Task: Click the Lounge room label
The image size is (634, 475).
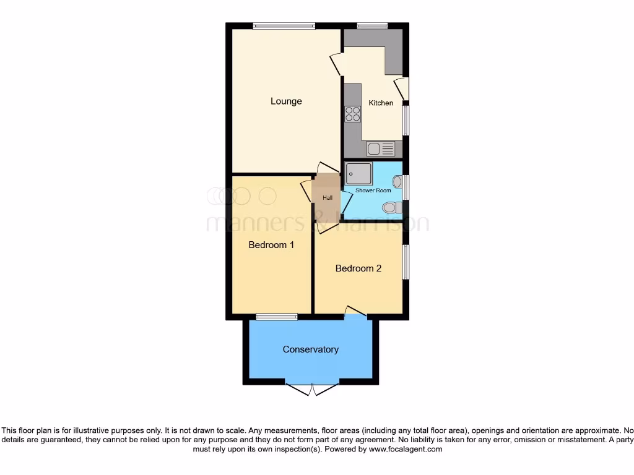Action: pos(286,101)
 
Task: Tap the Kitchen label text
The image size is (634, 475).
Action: pos(381,103)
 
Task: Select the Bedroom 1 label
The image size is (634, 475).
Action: pos(271,245)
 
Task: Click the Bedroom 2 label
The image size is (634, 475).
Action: pos(358,268)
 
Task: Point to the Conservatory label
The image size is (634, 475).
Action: pos(310,349)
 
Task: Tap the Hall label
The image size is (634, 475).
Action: pos(327,198)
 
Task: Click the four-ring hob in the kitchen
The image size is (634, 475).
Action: pos(353,114)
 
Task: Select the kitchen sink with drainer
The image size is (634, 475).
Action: pos(380,148)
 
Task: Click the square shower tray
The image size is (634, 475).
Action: pos(359,173)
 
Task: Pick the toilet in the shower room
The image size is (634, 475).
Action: pos(392,207)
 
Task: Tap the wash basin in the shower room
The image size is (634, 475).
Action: pos(397,181)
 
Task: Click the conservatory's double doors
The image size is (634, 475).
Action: pos(313,388)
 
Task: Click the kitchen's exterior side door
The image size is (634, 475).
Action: pos(402,88)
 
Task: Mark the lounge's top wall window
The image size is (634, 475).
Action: pos(284,26)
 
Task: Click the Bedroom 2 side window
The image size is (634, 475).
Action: pos(406,262)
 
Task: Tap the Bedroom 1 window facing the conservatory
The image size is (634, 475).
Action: pos(276,317)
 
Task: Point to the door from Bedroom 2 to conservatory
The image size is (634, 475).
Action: pos(355,311)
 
